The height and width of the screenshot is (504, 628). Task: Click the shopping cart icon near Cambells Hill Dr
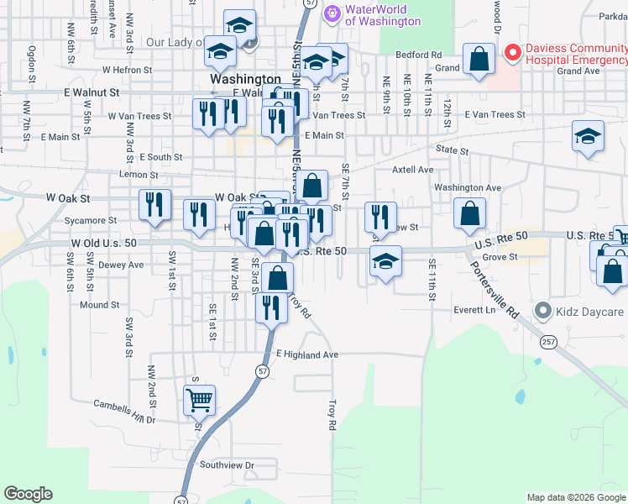click(x=199, y=401)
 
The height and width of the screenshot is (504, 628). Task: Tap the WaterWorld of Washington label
click(x=382, y=14)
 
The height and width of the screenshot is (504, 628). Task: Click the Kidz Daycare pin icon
click(x=543, y=312)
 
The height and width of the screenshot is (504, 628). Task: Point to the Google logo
click(x=28, y=494)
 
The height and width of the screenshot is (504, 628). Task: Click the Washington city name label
click(x=244, y=79)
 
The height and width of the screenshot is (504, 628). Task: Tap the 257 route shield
click(x=547, y=342)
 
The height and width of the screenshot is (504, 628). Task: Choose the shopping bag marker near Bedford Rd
click(x=479, y=60)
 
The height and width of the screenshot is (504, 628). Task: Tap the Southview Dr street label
click(x=226, y=465)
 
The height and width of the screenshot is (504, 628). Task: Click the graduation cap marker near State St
click(x=588, y=136)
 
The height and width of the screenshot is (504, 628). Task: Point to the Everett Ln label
click(x=474, y=309)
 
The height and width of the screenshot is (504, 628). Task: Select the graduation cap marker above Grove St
click(x=385, y=261)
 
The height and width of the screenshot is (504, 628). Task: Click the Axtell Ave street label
click(x=413, y=170)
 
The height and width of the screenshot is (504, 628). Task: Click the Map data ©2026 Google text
click(x=576, y=497)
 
